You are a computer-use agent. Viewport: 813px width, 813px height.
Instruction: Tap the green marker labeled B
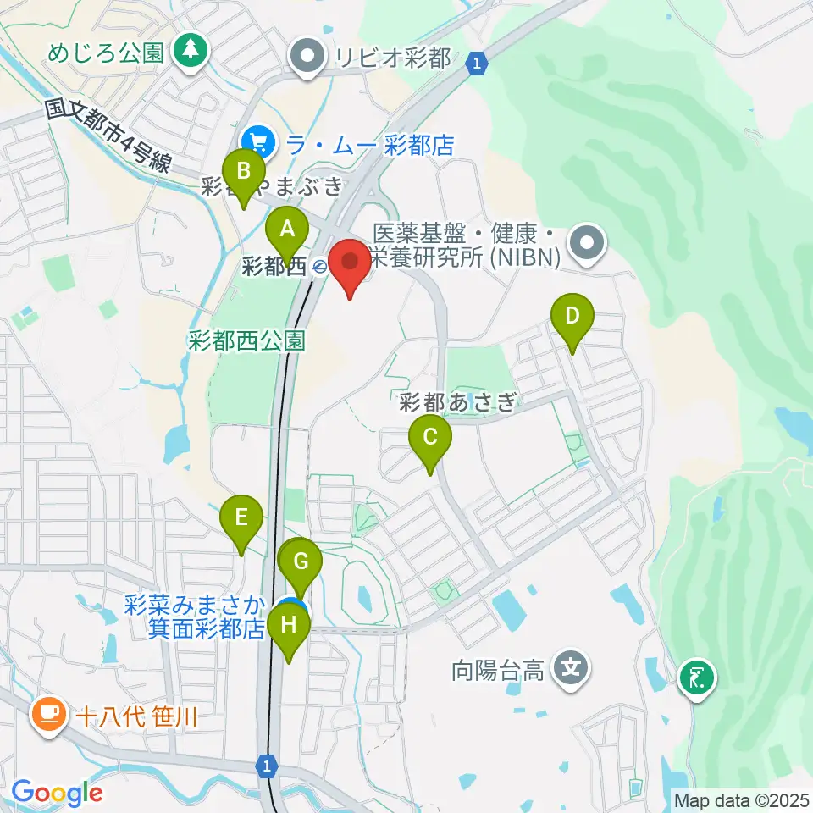(243, 172)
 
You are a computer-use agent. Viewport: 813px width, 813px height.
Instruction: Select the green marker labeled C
(430, 438)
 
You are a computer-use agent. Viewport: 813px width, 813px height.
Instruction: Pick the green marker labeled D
(572, 317)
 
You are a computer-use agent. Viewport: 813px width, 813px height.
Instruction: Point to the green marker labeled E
(241, 517)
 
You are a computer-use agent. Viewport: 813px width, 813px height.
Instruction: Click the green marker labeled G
(301, 561)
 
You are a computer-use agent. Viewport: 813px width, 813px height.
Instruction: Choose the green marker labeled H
(289, 627)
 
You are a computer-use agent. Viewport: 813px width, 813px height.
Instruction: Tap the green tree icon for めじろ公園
(191, 53)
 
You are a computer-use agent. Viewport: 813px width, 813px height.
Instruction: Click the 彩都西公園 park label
(246, 340)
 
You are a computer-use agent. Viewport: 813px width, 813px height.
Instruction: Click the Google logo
(57, 793)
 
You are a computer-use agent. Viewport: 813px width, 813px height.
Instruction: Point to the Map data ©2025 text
(741, 799)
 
